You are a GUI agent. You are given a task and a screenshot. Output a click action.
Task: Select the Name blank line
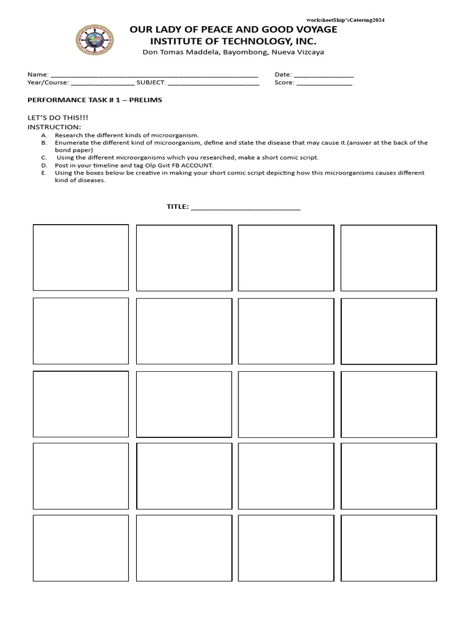154,75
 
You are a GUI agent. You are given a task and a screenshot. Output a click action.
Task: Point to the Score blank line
324,84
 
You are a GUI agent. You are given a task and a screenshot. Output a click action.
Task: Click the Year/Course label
48,83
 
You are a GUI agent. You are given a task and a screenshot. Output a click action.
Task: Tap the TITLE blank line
246,208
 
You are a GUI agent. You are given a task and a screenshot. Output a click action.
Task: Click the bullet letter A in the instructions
44,135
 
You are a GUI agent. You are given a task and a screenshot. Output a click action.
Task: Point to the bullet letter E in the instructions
44,173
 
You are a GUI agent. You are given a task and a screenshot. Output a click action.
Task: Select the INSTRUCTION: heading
54,126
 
